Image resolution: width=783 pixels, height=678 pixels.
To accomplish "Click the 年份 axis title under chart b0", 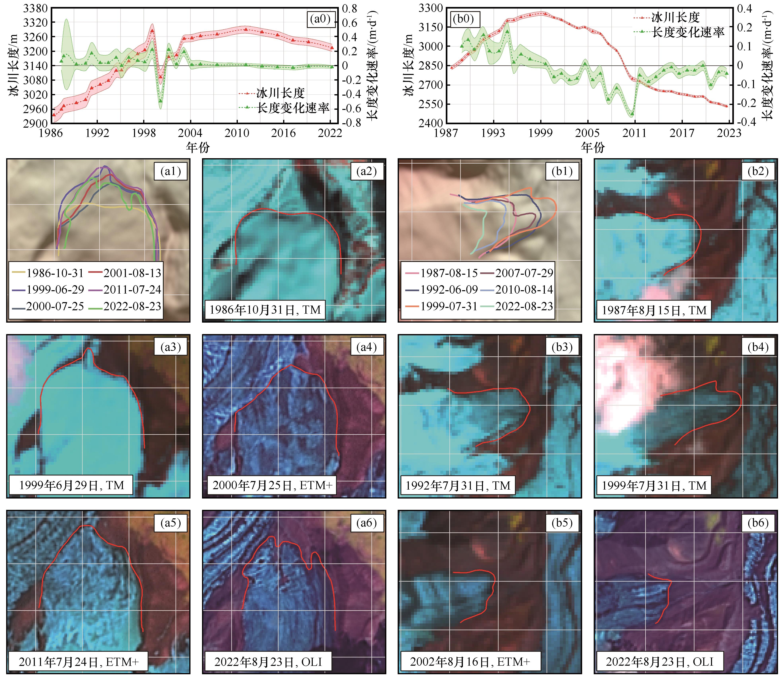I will [593, 147].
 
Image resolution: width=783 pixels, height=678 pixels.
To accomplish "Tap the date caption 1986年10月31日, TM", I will [265, 310].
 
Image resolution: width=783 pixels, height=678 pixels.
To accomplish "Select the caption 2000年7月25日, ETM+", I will [272, 485].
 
